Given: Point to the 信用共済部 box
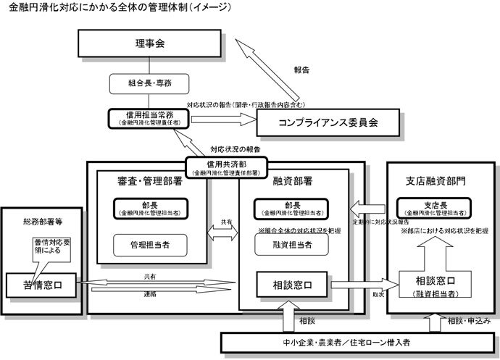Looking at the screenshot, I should (x=227, y=167).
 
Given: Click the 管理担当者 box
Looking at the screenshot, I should (x=151, y=245).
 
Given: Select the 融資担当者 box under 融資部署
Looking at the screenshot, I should (x=293, y=245).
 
